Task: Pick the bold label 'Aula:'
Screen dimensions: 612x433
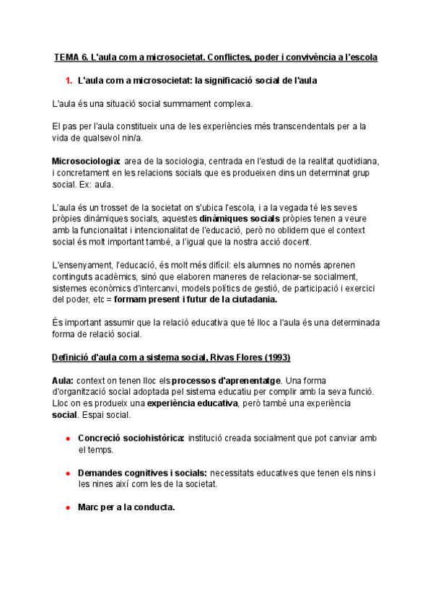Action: pos(64,380)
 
